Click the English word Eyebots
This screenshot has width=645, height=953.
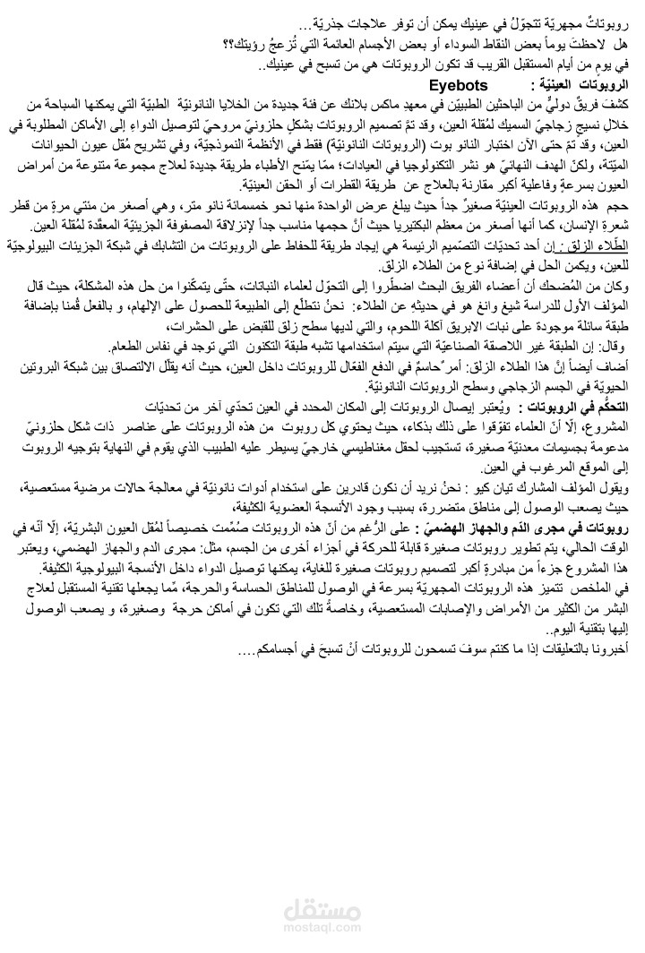(x=458, y=85)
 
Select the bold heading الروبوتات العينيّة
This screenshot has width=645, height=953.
(x=584, y=86)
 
